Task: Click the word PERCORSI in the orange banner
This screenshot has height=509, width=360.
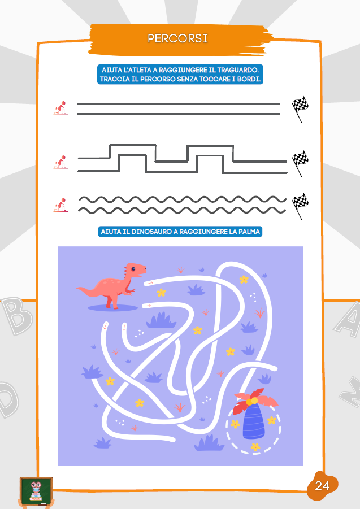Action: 177,38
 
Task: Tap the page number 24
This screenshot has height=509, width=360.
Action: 322,486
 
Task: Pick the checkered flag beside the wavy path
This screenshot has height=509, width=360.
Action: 300,206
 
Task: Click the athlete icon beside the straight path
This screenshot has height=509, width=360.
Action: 60,108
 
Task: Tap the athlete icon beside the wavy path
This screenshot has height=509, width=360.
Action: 60,205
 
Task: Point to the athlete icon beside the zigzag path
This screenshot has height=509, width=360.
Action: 60,162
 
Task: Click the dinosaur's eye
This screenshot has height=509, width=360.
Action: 133,269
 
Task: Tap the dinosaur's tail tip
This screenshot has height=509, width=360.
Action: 77,288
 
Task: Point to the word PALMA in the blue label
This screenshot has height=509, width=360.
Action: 249,232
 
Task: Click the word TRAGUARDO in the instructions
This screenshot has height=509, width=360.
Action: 237,70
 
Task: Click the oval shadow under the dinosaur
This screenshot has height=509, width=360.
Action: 112,308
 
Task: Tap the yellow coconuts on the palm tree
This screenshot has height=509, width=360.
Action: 251,401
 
